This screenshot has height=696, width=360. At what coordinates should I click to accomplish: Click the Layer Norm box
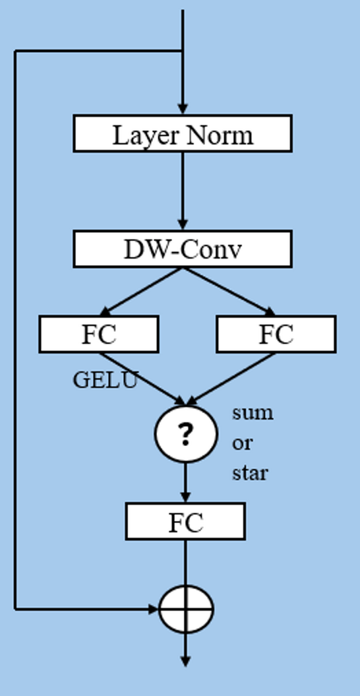click(x=182, y=134)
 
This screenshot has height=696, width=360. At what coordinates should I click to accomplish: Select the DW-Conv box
click(x=182, y=249)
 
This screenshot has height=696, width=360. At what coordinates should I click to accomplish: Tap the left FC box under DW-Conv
click(x=98, y=334)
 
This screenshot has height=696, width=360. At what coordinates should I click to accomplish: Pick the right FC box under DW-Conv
click(x=276, y=334)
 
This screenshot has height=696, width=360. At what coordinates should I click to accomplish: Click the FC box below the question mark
click(x=185, y=522)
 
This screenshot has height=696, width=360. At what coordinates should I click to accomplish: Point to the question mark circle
click(x=185, y=434)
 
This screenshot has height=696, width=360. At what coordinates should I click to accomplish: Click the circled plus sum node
click(x=186, y=609)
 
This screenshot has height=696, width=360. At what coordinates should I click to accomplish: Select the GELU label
click(x=105, y=380)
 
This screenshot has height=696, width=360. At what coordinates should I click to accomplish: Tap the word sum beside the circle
click(x=252, y=413)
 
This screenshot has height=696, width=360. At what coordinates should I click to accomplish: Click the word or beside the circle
click(x=241, y=443)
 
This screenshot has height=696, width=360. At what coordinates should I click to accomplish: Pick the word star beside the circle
click(x=249, y=473)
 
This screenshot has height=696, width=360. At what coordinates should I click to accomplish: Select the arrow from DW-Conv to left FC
click(x=140, y=291)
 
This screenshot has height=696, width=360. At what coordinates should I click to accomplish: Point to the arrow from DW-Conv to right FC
click(x=227, y=291)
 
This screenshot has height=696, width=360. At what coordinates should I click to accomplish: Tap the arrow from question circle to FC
click(x=185, y=482)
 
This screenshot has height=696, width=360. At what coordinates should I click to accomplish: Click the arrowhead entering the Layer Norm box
click(x=183, y=108)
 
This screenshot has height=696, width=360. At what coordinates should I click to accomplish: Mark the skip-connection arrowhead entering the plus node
click(x=154, y=609)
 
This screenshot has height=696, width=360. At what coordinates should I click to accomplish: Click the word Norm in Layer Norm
click(x=219, y=135)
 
